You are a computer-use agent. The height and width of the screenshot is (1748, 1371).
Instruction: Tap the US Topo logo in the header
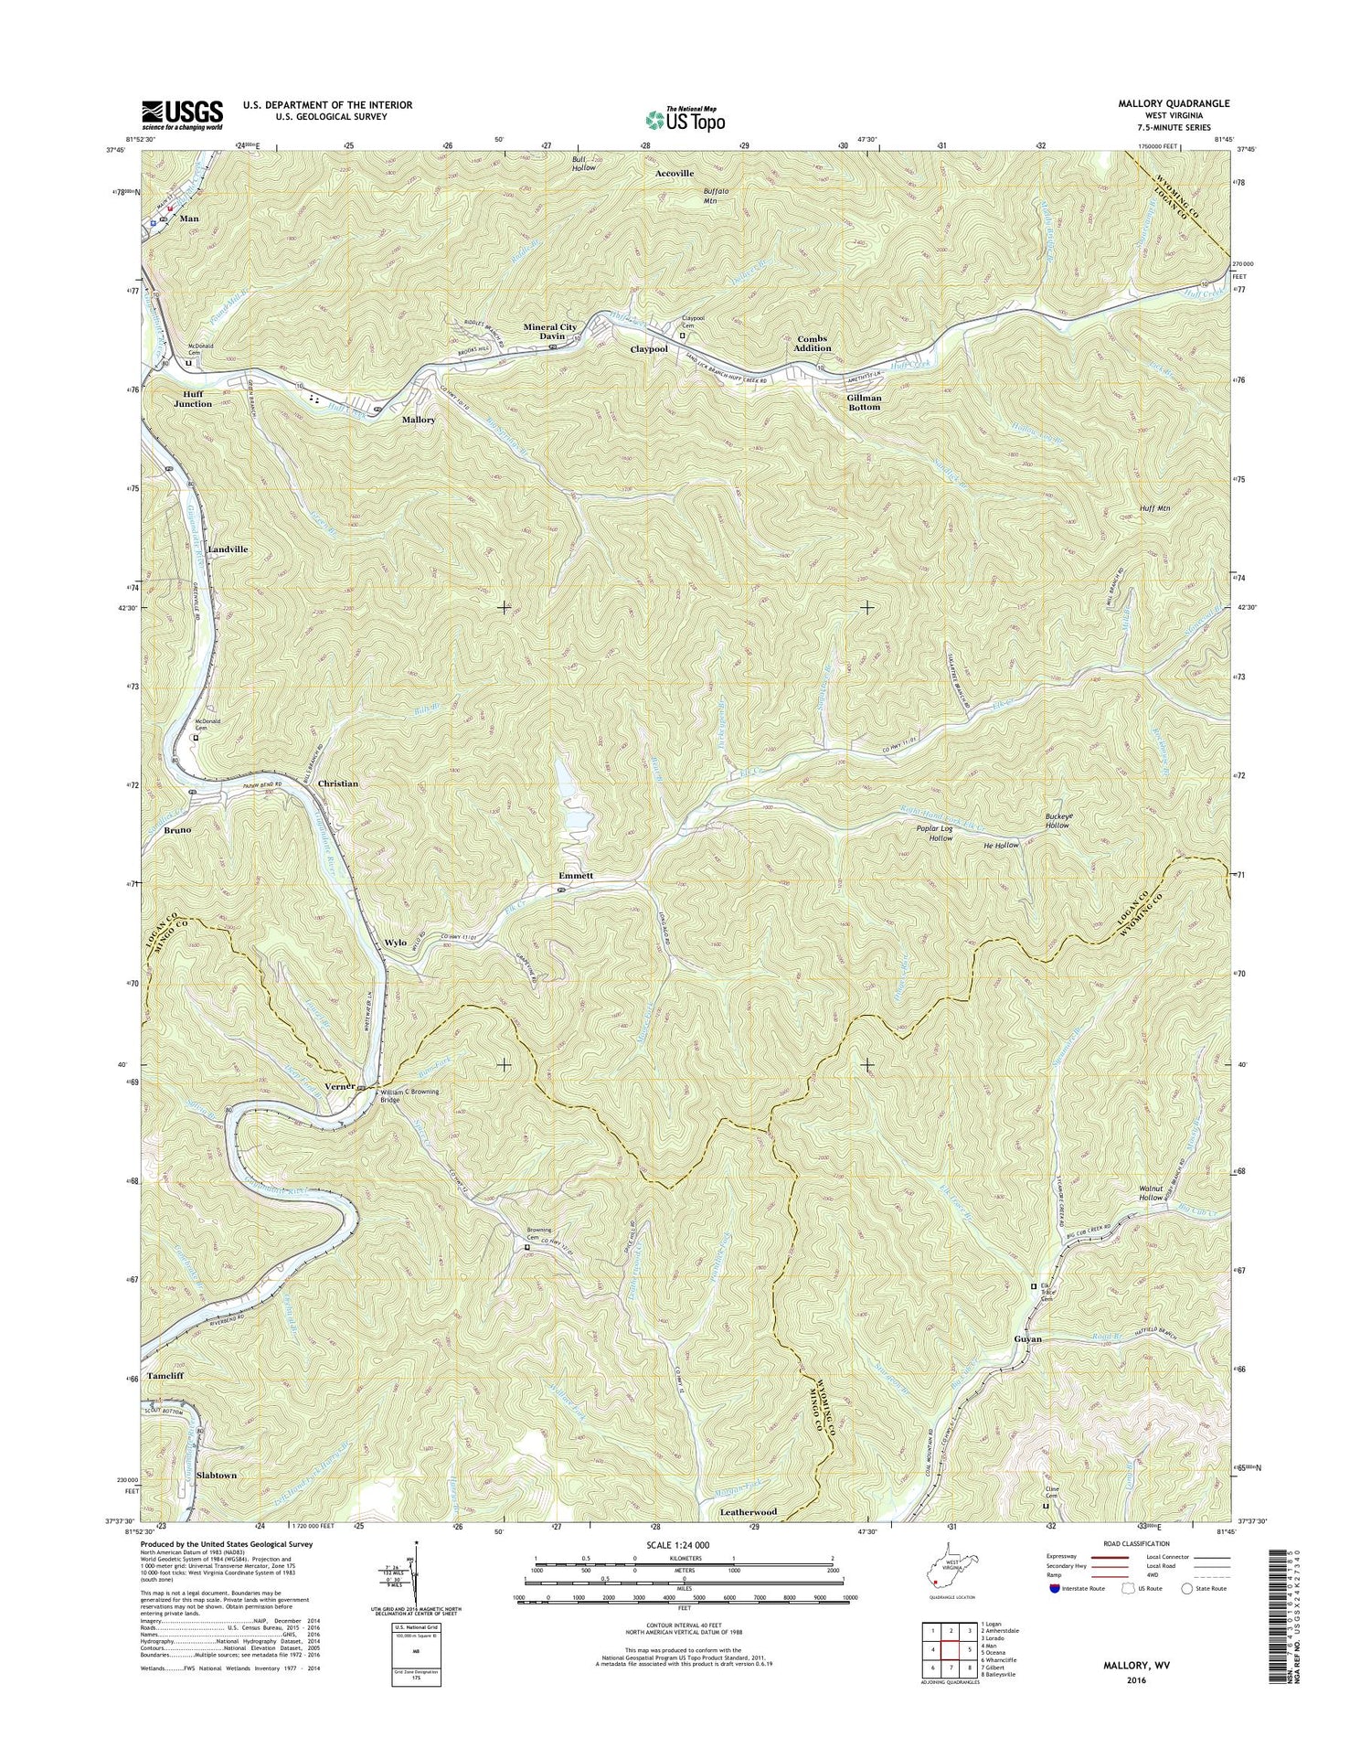[x=685, y=118]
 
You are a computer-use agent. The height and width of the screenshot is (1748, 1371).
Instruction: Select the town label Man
[x=189, y=219]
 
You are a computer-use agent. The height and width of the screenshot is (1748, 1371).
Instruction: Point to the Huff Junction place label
[x=192, y=399]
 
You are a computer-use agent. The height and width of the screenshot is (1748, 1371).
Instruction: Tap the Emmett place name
[x=576, y=876]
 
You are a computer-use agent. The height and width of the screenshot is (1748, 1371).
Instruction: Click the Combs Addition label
[x=813, y=343]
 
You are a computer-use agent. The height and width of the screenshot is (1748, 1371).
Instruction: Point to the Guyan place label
[x=1027, y=1338]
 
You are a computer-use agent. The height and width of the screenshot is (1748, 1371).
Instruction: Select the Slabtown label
[x=216, y=1476]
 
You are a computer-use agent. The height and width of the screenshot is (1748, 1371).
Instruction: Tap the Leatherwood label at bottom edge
[x=748, y=1511]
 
